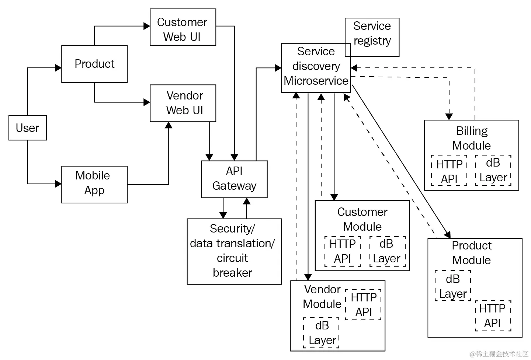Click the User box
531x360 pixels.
point(28,128)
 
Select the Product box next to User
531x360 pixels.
point(94,64)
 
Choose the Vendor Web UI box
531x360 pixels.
point(183,103)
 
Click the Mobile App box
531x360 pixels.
point(94,184)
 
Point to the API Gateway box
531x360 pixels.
point(234,179)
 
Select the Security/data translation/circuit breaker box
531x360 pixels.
point(234,251)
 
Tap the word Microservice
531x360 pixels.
point(316,81)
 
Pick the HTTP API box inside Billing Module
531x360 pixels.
point(449,171)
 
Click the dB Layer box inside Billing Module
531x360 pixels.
point(493,170)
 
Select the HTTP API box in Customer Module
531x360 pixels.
point(343,251)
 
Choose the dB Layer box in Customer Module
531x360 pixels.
point(387,251)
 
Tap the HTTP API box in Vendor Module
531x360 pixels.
point(363,305)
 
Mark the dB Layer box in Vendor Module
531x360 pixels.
point(321,333)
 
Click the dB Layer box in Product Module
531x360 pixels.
point(453,286)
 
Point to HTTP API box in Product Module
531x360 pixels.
point(493,315)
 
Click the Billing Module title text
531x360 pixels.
point(472,138)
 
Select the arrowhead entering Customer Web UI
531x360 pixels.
point(147,26)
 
